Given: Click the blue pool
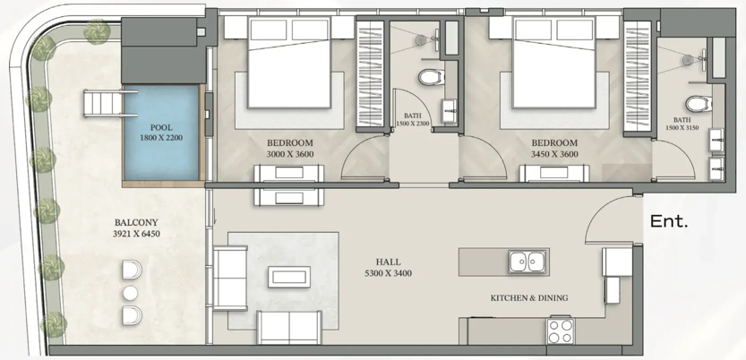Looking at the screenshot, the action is tap(161, 133).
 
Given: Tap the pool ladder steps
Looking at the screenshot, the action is tap(103, 104).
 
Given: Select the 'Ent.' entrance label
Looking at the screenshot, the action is tap(669, 221).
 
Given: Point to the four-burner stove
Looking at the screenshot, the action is tap(561, 330).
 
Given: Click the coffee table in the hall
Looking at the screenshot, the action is tap(289, 277).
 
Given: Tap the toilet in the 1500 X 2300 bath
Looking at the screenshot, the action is tap(432, 77).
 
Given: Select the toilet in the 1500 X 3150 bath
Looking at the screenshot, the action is tap(699, 103).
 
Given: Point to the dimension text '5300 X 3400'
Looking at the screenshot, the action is tap(389, 273).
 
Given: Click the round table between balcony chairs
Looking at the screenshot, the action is tap(130, 293).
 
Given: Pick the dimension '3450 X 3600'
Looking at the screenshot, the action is tap(554, 154).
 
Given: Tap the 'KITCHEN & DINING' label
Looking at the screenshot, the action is tap(529, 298).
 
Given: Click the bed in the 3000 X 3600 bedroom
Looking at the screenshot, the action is tap(289, 63).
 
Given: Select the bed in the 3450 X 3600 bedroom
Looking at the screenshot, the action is tap(554, 63).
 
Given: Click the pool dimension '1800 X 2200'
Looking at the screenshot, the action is tap(161, 138).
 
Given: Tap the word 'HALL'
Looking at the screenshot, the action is tap(389, 261).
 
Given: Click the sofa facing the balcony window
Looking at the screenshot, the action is tap(230, 279).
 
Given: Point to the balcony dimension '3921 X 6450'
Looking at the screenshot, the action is tap(136, 234).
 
